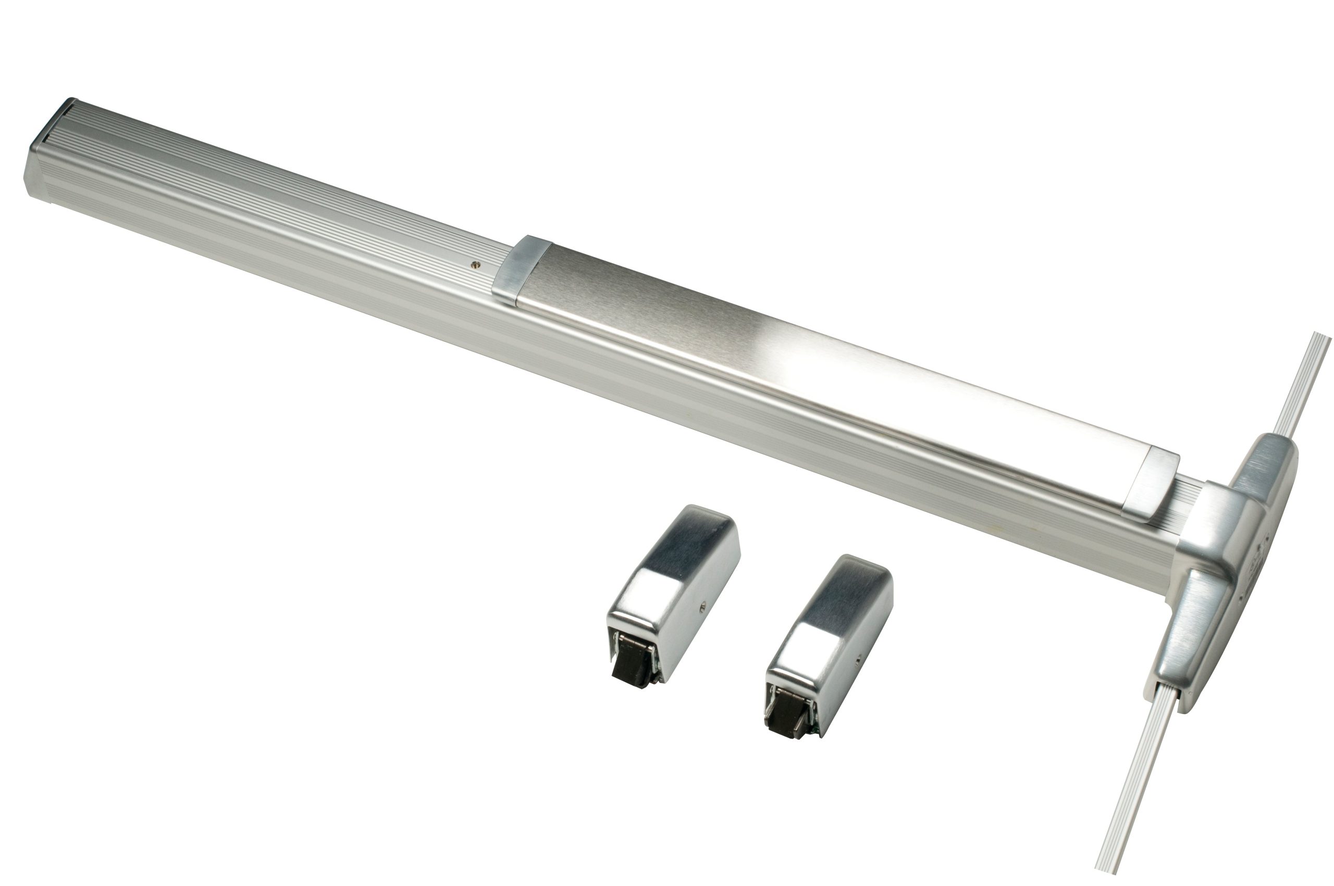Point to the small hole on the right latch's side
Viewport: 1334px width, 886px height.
click(858, 659)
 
